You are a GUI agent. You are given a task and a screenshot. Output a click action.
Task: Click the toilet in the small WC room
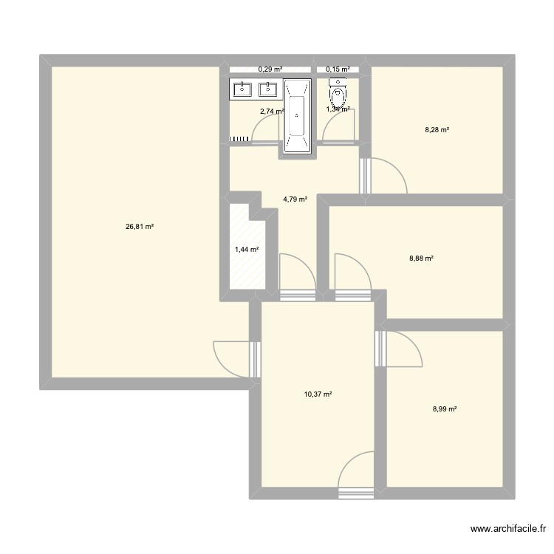[x=338, y=94]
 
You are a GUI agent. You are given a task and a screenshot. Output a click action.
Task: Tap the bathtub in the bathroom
[x=297, y=116]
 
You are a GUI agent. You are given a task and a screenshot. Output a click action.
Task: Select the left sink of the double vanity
[x=242, y=89]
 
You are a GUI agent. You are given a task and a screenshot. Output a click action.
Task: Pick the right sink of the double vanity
[x=267, y=89]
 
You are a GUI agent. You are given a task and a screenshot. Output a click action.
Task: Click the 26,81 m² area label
[x=140, y=227]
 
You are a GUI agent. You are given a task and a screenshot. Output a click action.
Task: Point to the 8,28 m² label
[x=437, y=130]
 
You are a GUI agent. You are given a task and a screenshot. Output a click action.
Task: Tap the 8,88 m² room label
[x=420, y=259]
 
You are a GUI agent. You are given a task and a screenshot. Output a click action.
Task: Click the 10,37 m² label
[x=318, y=394]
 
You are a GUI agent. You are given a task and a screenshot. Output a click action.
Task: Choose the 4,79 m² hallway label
[x=295, y=199]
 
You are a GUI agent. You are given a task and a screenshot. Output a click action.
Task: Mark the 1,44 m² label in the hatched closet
[x=247, y=250]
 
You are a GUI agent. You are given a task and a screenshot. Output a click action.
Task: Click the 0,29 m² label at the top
[x=270, y=69]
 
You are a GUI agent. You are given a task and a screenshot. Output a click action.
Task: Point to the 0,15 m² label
[x=338, y=69]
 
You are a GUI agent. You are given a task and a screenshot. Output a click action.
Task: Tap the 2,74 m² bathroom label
[x=271, y=112]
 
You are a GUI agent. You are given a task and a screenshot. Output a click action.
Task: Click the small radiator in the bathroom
[x=239, y=138]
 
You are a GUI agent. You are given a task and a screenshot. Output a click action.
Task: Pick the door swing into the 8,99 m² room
[x=405, y=349]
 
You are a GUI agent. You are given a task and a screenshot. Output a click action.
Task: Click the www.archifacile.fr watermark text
[x=507, y=530]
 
